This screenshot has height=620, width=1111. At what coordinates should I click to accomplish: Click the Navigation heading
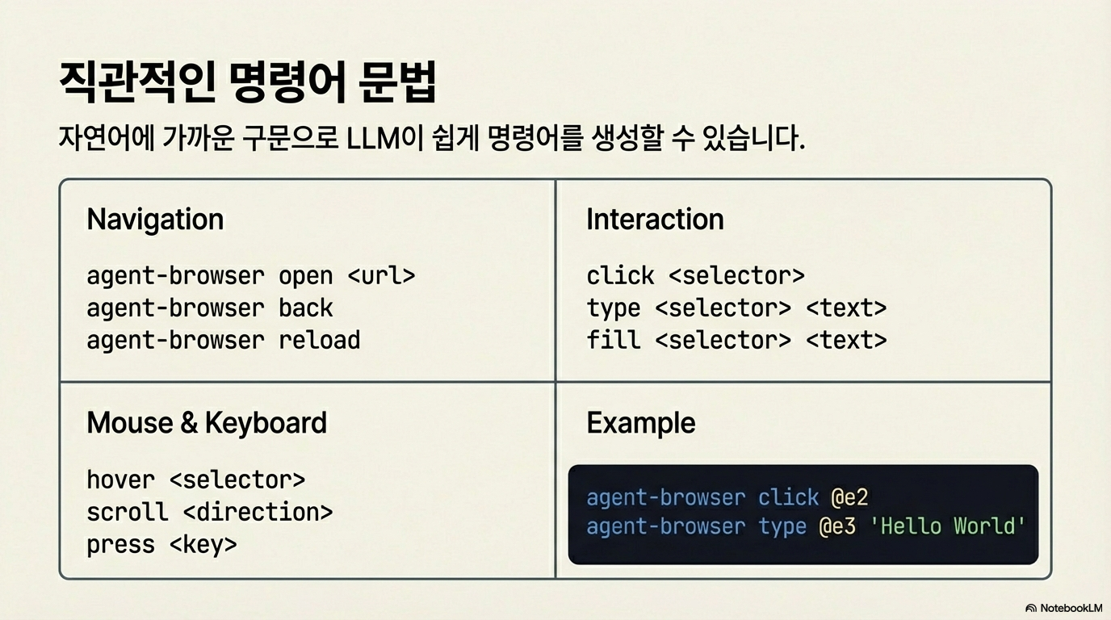coord(155,220)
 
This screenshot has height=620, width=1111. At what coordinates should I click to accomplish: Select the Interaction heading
coord(655,220)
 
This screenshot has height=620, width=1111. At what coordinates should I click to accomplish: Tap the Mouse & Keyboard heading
coord(207,423)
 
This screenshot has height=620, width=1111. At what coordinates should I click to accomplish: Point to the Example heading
coord(641,424)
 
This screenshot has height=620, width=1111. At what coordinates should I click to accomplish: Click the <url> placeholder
coord(381,276)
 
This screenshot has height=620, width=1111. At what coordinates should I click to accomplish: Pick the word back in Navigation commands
coord(305,308)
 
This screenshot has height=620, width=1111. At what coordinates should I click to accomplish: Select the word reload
coord(320,340)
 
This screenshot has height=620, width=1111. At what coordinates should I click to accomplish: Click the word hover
coord(120,480)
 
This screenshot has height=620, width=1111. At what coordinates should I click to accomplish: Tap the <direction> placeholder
coord(258,512)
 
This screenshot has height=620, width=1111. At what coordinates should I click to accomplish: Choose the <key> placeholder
coord(203,545)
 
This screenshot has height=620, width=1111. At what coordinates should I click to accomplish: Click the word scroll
coord(128,512)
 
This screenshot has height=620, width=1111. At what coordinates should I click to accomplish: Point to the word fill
coord(614,340)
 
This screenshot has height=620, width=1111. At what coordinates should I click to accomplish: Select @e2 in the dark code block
coord(849,497)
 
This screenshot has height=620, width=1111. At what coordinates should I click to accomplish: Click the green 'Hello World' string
coord(948,526)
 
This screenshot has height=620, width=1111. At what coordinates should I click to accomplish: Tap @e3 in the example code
coord(837,526)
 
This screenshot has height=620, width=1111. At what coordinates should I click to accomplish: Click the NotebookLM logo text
coord(1071,608)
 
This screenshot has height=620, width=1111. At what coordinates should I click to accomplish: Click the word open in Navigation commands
coord(305,277)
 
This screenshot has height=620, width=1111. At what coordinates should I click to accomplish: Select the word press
coord(120,545)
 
